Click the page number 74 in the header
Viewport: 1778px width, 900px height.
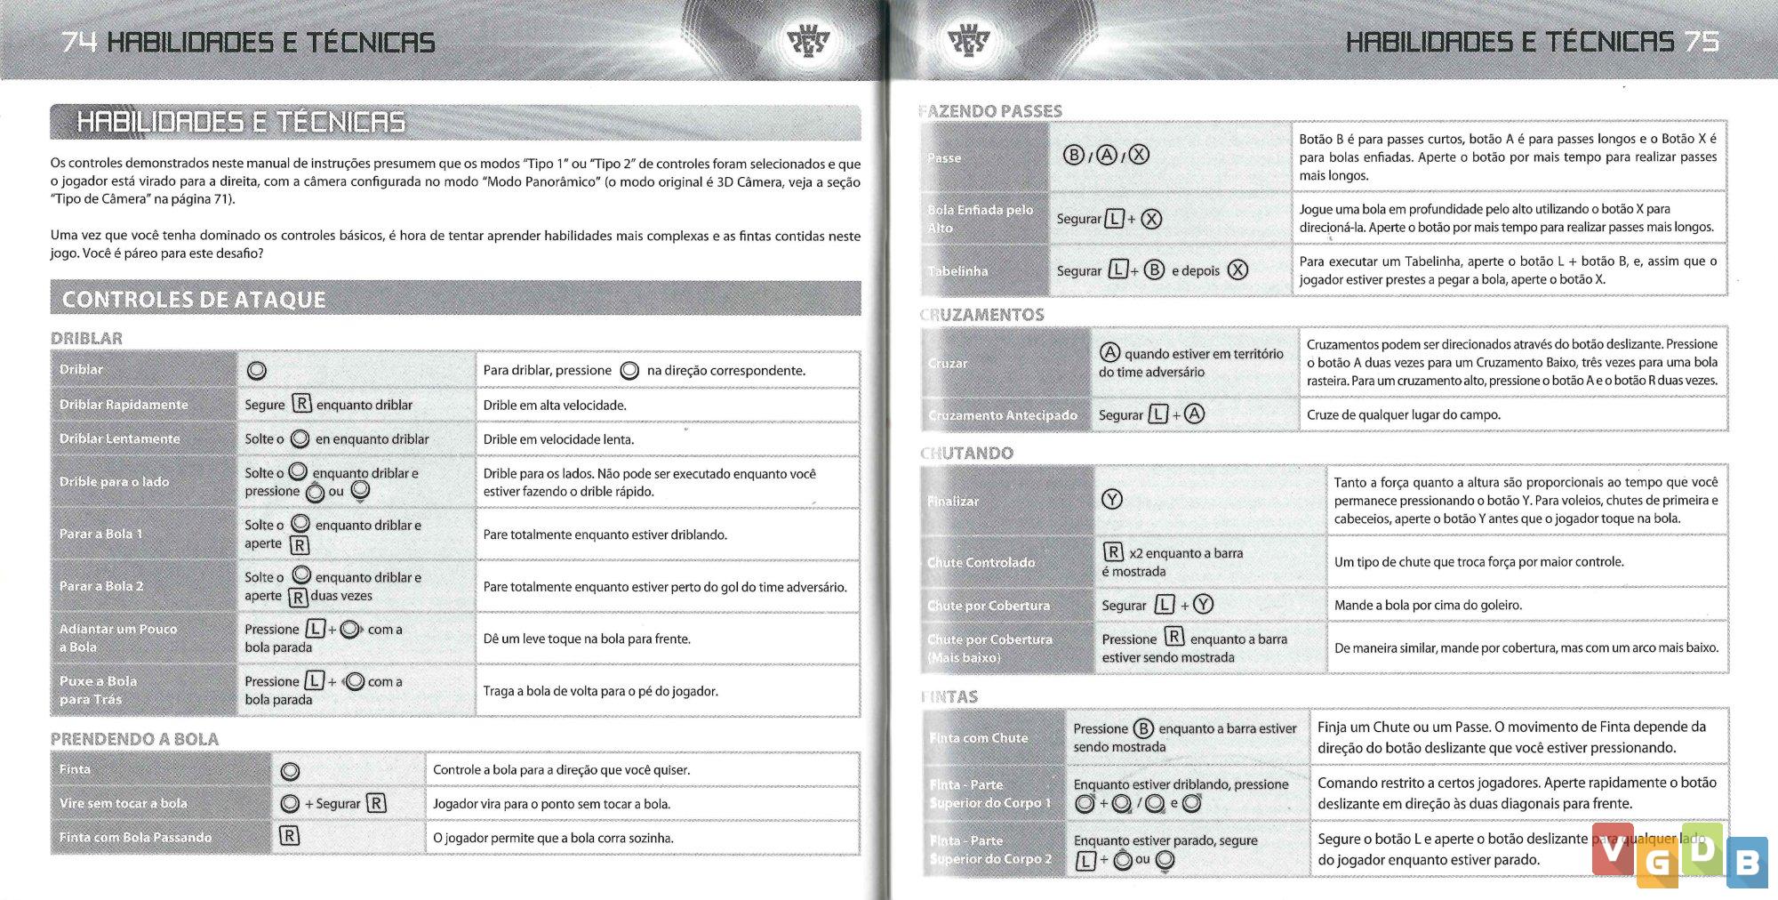coord(79,42)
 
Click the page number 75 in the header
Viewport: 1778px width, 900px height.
coord(1701,42)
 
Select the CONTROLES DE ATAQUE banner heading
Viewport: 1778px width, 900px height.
coord(194,300)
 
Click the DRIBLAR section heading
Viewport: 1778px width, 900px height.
coord(86,338)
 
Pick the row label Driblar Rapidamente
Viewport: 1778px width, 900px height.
coord(124,405)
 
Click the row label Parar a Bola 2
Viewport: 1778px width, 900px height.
coord(101,586)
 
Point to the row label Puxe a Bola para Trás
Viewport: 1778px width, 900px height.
coord(98,690)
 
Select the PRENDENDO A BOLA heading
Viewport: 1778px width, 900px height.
coord(134,739)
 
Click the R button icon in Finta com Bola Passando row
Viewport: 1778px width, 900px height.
coord(289,836)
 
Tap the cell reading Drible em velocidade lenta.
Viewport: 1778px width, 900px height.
coord(558,439)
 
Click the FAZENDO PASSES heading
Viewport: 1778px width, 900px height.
coord(990,111)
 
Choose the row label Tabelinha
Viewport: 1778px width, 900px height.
coord(957,271)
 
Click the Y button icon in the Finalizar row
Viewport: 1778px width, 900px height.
coord(1111,500)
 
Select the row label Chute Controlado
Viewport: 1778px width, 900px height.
coord(981,562)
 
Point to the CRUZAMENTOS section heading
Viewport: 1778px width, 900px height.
coord(982,315)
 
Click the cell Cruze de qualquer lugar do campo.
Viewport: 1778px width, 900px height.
coord(1403,414)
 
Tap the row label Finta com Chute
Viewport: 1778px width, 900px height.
coord(978,737)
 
